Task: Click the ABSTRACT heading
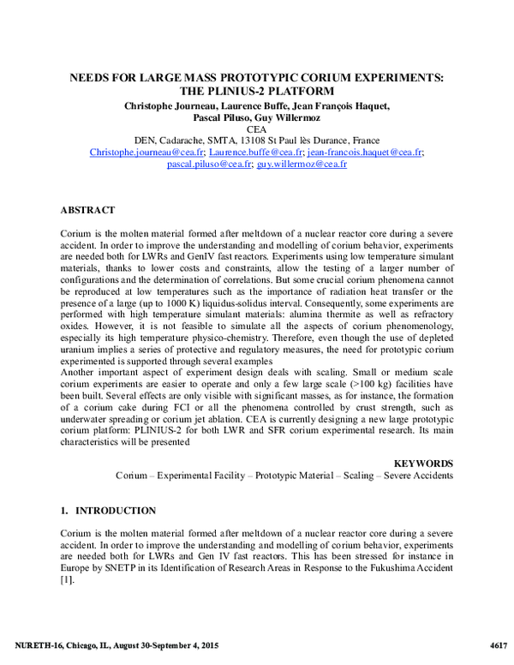click(x=89, y=209)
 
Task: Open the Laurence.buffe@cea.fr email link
click(x=255, y=152)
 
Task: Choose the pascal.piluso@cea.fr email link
click(x=209, y=164)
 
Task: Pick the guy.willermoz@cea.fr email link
click(x=305, y=164)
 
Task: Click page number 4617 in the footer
click(x=499, y=644)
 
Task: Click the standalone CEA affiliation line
click(x=256, y=129)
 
